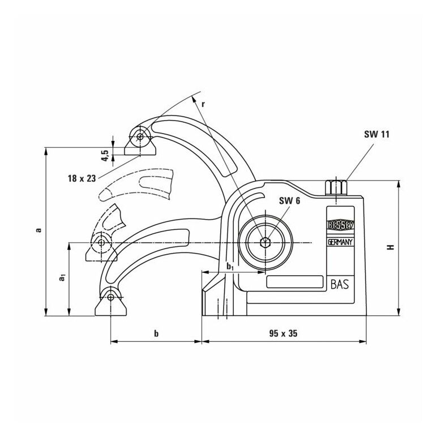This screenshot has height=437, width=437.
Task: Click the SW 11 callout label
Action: tap(376, 134)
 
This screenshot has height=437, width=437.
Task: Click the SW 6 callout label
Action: tap(290, 200)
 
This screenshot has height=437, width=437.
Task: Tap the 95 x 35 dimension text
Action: tap(283, 333)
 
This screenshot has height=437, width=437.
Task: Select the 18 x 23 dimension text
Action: tap(82, 178)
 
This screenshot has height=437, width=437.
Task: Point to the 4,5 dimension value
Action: tap(105, 156)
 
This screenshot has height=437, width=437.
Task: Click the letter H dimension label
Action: tap(391, 247)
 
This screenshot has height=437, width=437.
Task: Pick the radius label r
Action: tap(203, 104)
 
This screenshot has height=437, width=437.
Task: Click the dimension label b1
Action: tap(230, 267)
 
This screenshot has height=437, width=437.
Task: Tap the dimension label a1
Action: tap(62, 277)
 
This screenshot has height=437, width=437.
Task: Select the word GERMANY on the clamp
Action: tap(340, 242)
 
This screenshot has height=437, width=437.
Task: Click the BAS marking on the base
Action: tap(340, 285)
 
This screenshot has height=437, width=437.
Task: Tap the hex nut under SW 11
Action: tap(336, 187)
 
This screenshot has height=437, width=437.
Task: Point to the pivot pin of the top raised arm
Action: tap(140, 136)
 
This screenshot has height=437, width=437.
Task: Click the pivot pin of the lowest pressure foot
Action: tap(111, 297)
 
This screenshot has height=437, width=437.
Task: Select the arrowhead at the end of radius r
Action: tap(194, 98)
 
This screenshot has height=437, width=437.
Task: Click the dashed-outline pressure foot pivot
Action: tap(101, 243)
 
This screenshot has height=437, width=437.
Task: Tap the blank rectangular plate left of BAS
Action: tap(295, 282)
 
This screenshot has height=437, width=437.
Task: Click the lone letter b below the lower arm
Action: tap(156, 333)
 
